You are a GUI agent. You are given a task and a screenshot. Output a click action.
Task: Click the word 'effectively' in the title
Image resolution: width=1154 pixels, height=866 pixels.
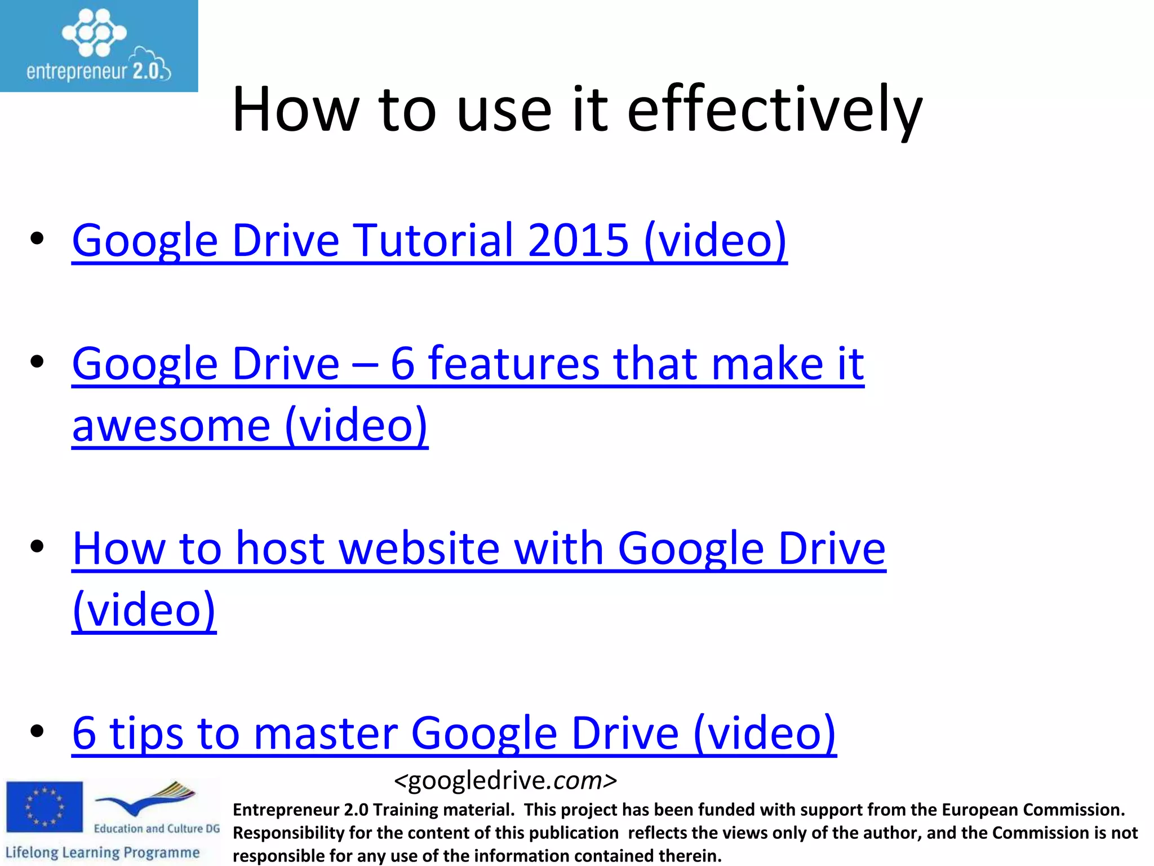775,110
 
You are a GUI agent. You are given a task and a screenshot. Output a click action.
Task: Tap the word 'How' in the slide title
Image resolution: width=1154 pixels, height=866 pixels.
295,110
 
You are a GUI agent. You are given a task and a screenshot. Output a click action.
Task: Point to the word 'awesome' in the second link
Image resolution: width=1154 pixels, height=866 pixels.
171,426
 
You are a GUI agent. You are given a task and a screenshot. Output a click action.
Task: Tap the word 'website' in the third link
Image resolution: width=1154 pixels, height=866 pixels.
420,549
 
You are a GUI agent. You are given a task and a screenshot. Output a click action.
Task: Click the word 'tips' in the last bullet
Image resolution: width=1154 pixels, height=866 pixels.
147,733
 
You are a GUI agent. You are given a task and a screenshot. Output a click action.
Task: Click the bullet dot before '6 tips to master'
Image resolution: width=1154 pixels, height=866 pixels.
37,732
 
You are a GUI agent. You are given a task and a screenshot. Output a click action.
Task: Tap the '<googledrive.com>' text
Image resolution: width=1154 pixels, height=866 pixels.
505,781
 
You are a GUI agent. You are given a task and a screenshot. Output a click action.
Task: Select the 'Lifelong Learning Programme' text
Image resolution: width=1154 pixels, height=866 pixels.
103,852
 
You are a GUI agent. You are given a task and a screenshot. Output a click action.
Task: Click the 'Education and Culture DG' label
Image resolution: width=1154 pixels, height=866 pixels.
157,829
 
